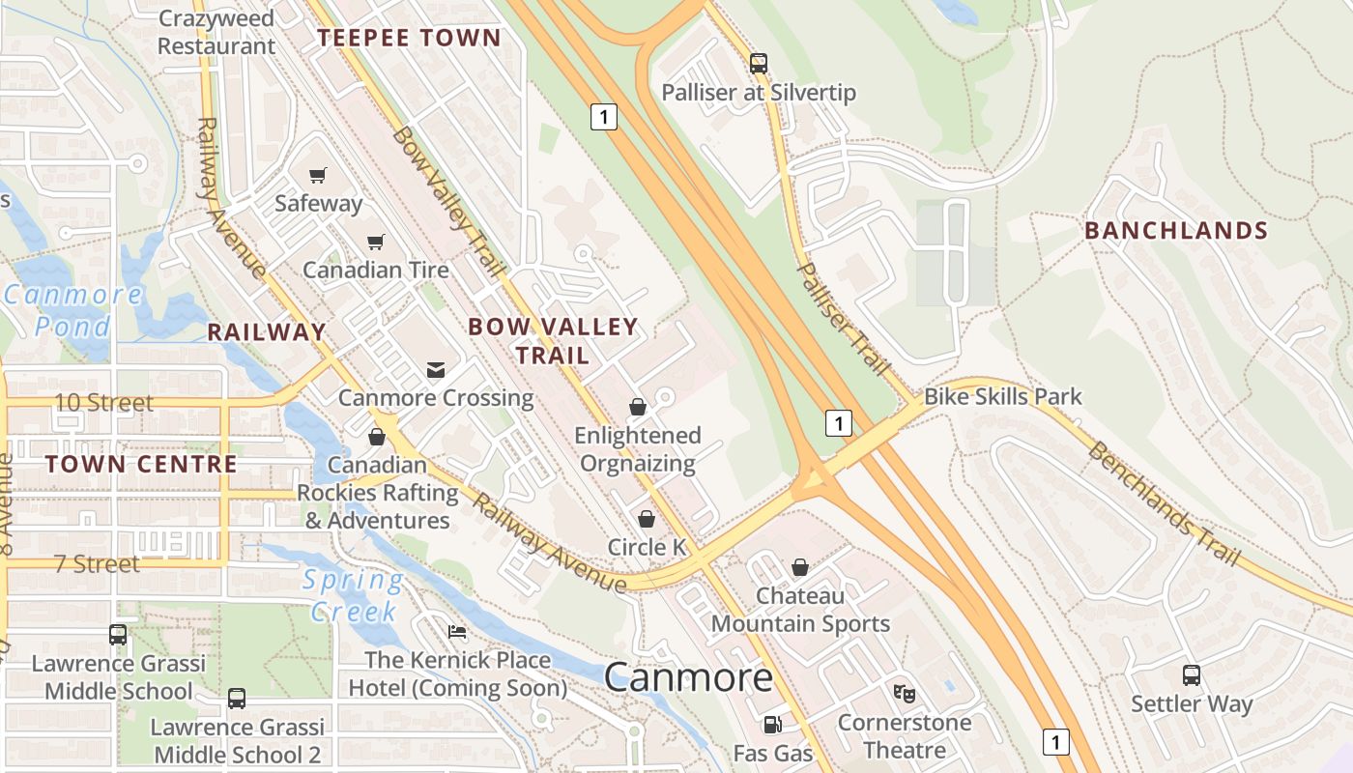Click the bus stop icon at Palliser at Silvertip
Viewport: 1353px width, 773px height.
point(759,64)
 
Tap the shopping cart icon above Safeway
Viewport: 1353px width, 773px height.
point(317,175)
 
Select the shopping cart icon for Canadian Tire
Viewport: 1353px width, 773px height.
point(375,242)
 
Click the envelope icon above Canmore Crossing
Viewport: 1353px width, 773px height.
point(436,370)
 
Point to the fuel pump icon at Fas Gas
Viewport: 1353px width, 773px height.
point(772,724)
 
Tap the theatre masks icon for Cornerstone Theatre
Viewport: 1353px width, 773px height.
point(905,693)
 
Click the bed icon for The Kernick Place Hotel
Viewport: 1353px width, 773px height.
point(457,632)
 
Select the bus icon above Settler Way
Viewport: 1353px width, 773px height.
point(1192,675)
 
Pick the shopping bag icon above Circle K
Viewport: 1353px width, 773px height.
point(647,519)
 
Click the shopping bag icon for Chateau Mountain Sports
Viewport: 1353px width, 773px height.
point(800,567)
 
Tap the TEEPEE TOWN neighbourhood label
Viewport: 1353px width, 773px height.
point(410,39)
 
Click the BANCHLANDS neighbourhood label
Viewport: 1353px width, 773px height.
point(1176,231)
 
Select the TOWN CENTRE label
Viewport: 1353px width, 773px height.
point(141,464)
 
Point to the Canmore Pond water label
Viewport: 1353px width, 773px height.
point(72,310)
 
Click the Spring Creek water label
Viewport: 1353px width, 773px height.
point(353,596)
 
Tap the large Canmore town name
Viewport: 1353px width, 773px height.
point(688,677)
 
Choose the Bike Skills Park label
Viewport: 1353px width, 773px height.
point(1003,397)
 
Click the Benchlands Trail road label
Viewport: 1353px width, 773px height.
point(1163,503)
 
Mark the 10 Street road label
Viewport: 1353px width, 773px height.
point(103,403)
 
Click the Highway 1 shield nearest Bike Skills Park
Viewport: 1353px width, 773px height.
point(839,422)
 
